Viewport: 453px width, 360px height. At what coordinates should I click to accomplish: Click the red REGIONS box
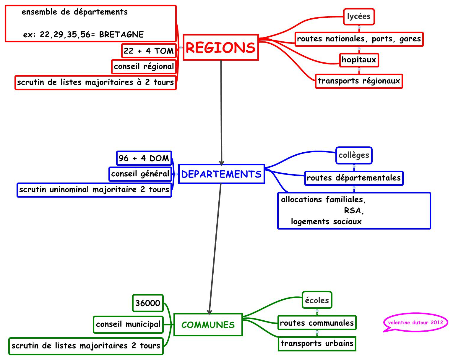pyautogui.click(x=221, y=47)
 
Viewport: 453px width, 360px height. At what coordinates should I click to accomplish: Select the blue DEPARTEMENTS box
pyautogui.click(x=221, y=174)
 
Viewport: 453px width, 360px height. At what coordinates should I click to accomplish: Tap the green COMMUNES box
pyautogui.click(x=208, y=325)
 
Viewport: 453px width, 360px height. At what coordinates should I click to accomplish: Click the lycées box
pyautogui.click(x=359, y=17)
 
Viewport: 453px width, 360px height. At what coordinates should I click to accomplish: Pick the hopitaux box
pyautogui.click(x=359, y=60)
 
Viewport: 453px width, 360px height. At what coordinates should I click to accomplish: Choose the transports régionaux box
pyautogui.click(x=359, y=81)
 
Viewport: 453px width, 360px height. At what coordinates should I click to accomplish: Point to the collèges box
pyautogui.click(x=354, y=155)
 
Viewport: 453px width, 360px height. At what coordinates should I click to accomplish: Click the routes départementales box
pyautogui.click(x=354, y=178)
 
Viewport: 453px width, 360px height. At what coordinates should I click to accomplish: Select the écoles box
pyautogui.click(x=317, y=300)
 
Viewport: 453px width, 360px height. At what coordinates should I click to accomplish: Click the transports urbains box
pyautogui.click(x=317, y=344)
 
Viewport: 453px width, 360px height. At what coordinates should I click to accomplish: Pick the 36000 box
pyautogui.click(x=148, y=303)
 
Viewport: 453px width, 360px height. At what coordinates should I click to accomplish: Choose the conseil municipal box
pyautogui.click(x=128, y=325)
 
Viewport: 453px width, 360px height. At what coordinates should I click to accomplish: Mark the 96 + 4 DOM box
pyautogui.click(x=144, y=158)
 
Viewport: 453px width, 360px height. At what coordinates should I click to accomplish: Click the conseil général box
pyautogui.click(x=140, y=174)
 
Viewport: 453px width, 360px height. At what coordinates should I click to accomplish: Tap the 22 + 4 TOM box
pyautogui.click(x=149, y=51)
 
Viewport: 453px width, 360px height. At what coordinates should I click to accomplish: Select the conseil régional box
pyautogui.click(x=144, y=67)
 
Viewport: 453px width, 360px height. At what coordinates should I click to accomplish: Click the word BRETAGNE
pyautogui.click(x=121, y=35)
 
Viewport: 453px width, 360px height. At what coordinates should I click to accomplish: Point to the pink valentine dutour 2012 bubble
pyautogui.click(x=415, y=322)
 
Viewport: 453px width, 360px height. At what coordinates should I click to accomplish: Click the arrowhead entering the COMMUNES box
pyautogui.click(x=210, y=312)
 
